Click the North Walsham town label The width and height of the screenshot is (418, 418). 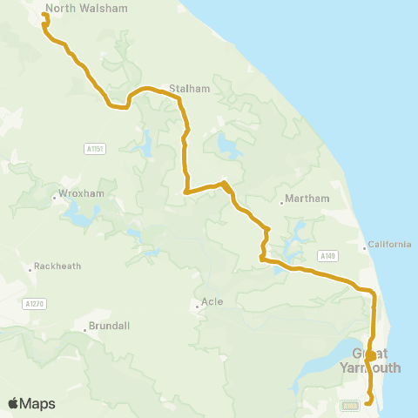click(86, 8)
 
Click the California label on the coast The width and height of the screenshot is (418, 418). click(388, 244)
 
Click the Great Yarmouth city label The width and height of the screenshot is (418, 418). click(377, 361)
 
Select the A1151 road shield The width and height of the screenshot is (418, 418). click(96, 149)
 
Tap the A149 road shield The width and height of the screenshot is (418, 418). click(327, 255)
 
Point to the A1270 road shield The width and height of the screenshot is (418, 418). click(34, 303)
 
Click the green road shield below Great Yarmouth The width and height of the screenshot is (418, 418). click(350, 405)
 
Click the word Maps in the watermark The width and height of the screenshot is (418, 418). click(37, 403)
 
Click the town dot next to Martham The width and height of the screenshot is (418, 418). click(283, 205)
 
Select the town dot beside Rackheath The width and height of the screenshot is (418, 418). click(31, 267)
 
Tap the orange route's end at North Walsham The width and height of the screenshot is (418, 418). click(45, 15)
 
